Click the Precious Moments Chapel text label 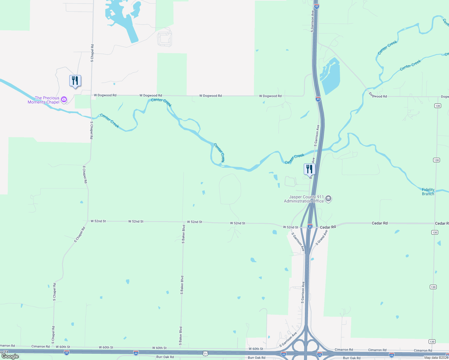tap(44, 100)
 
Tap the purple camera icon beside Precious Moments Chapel tap(64, 100)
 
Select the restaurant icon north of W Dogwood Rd tap(75, 81)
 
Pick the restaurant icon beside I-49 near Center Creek tap(309, 169)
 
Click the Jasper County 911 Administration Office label tap(304, 199)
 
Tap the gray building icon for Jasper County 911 tap(328, 199)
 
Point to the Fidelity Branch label tap(428, 192)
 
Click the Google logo tap(10, 356)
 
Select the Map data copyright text tap(436, 358)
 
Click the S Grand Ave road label tap(321, 238)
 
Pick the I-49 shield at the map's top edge tap(317, 6)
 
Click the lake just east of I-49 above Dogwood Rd tap(331, 76)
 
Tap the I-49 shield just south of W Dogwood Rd tap(318, 99)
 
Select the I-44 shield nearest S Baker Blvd tap(136, 353)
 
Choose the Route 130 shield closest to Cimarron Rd tap(432, 341)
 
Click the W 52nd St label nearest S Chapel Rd tap(98, 221)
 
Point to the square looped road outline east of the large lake tap(164, 38)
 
